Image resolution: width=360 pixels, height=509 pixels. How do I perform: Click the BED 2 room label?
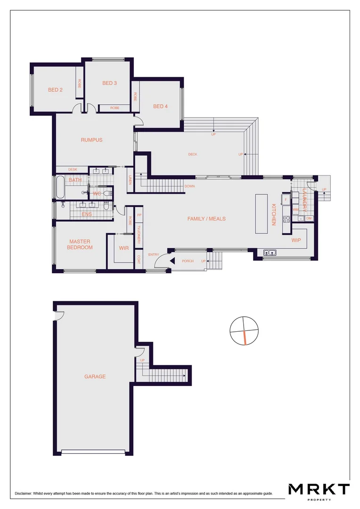pos(55,90)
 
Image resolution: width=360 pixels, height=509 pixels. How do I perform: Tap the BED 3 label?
pos(109,83)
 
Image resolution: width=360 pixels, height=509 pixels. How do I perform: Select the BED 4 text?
pos(160,107)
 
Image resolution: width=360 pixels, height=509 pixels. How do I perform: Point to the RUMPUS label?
pos(91,140)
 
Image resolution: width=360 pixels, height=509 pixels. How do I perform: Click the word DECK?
pos(192,154)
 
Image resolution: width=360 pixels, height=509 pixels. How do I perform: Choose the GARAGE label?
pos(95,377)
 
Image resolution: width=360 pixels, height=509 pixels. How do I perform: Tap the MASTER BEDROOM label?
pos(80,244)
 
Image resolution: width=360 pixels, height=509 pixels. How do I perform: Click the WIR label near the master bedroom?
pos(124,247)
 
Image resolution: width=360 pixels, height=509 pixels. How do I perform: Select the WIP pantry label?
pos(296,240)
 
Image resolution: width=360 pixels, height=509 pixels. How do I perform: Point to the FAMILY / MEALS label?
pos(206,219)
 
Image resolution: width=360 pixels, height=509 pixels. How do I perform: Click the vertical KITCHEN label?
pos(273,214)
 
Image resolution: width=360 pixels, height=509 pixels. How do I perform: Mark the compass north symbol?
pos(244,330)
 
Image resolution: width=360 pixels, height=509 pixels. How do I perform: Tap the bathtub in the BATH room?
pos(59,187)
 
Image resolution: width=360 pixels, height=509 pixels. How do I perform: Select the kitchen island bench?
pos(261,213)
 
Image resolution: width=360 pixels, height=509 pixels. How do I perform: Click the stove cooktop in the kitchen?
pos(286,219)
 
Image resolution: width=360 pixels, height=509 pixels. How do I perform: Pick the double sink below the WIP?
pos(270,252)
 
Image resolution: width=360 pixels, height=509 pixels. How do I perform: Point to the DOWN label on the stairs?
pos(189,186)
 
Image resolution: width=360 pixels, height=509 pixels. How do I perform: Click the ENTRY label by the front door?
pos(154,254)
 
